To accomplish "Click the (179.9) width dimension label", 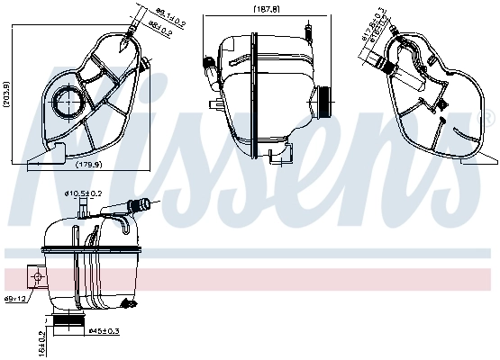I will pyautogui.click(x=86, y=165).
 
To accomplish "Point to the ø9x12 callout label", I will pyautogui.click(x=16, y=297).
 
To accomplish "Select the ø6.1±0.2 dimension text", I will pyautogui.click(x=169, y=13).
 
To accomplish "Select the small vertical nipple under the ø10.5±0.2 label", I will pyautogui.click(x=81, y=211).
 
